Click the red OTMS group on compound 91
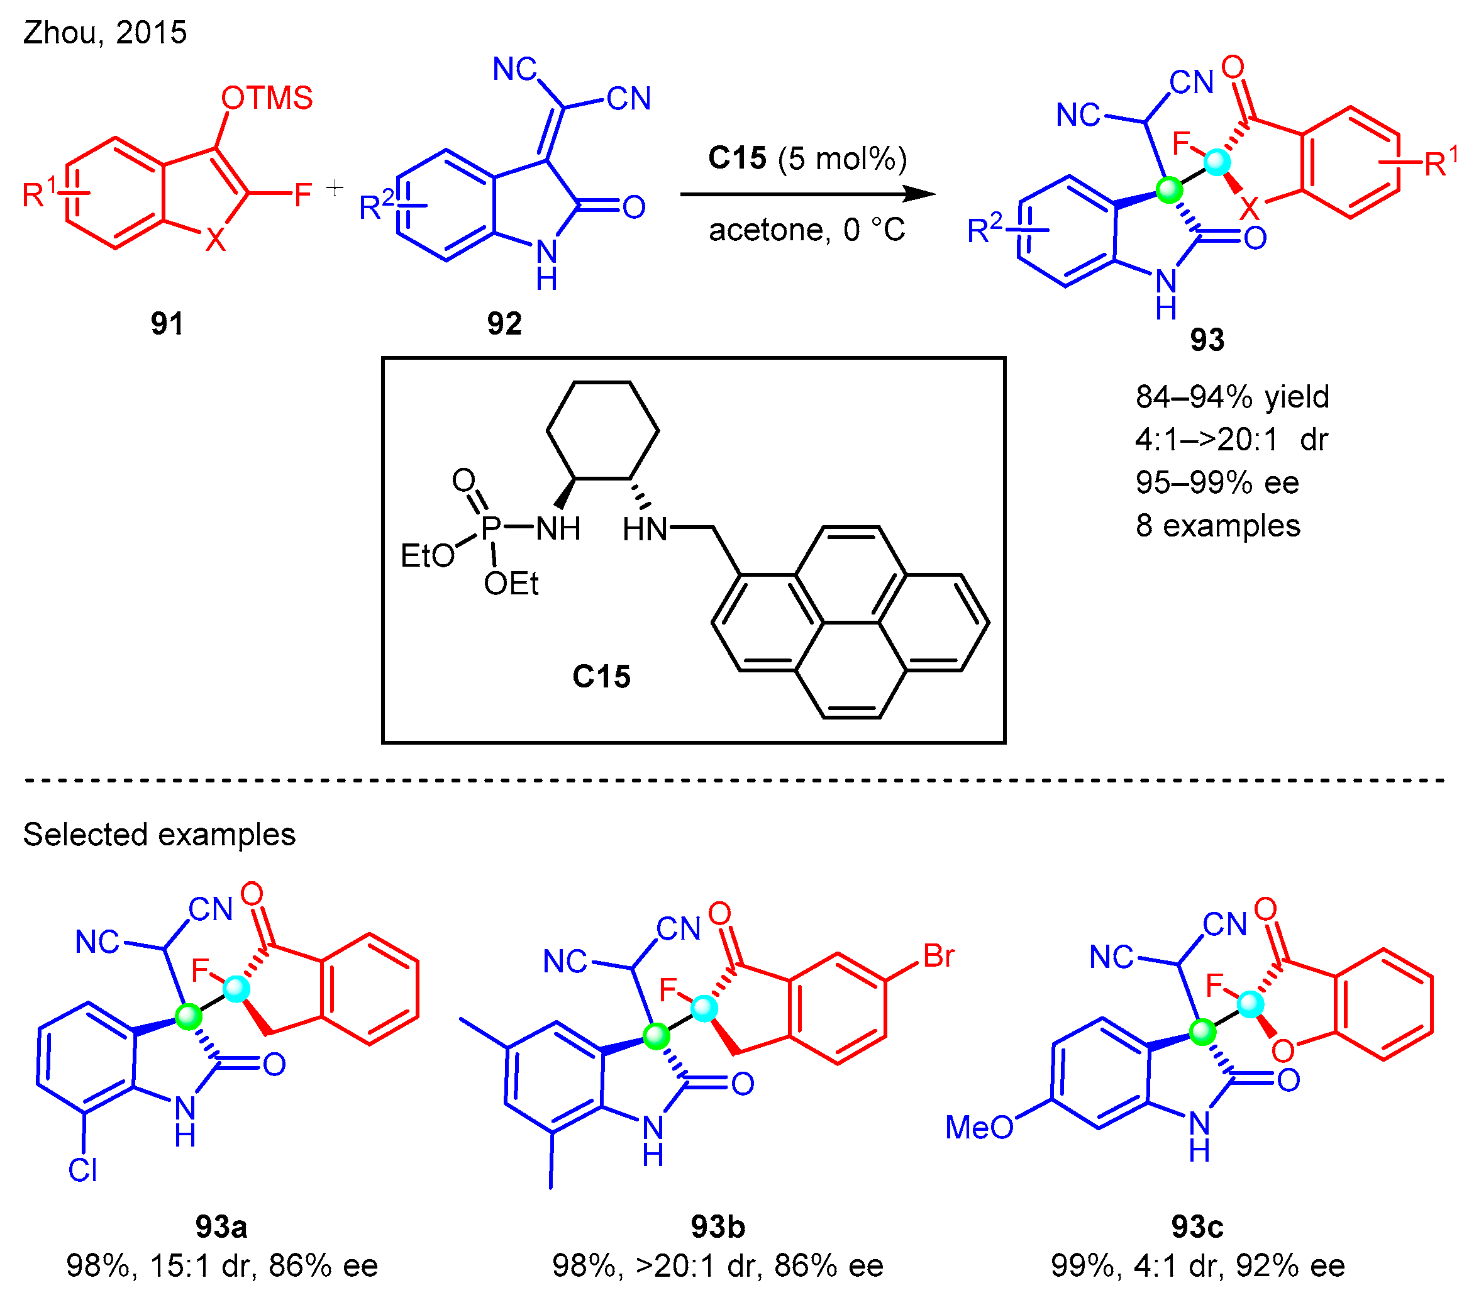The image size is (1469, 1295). [267, 97]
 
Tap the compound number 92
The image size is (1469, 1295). [504, 324]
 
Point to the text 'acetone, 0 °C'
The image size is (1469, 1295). [806, 230]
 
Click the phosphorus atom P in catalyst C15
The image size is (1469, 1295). [491, 528]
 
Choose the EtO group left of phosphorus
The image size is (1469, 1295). [428, 555]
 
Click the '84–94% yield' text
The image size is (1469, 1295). [1232, 397]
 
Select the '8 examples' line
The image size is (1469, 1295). [1217, 525]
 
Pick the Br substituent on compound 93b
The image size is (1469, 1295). [939, 956]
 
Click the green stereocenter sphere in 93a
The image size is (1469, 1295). [189, 1016]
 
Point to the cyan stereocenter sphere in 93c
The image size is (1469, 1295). [1250, 1004]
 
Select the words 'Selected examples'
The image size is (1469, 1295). [159, 835]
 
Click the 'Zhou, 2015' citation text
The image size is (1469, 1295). [105, 32]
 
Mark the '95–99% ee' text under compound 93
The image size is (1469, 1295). [1217, 482]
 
